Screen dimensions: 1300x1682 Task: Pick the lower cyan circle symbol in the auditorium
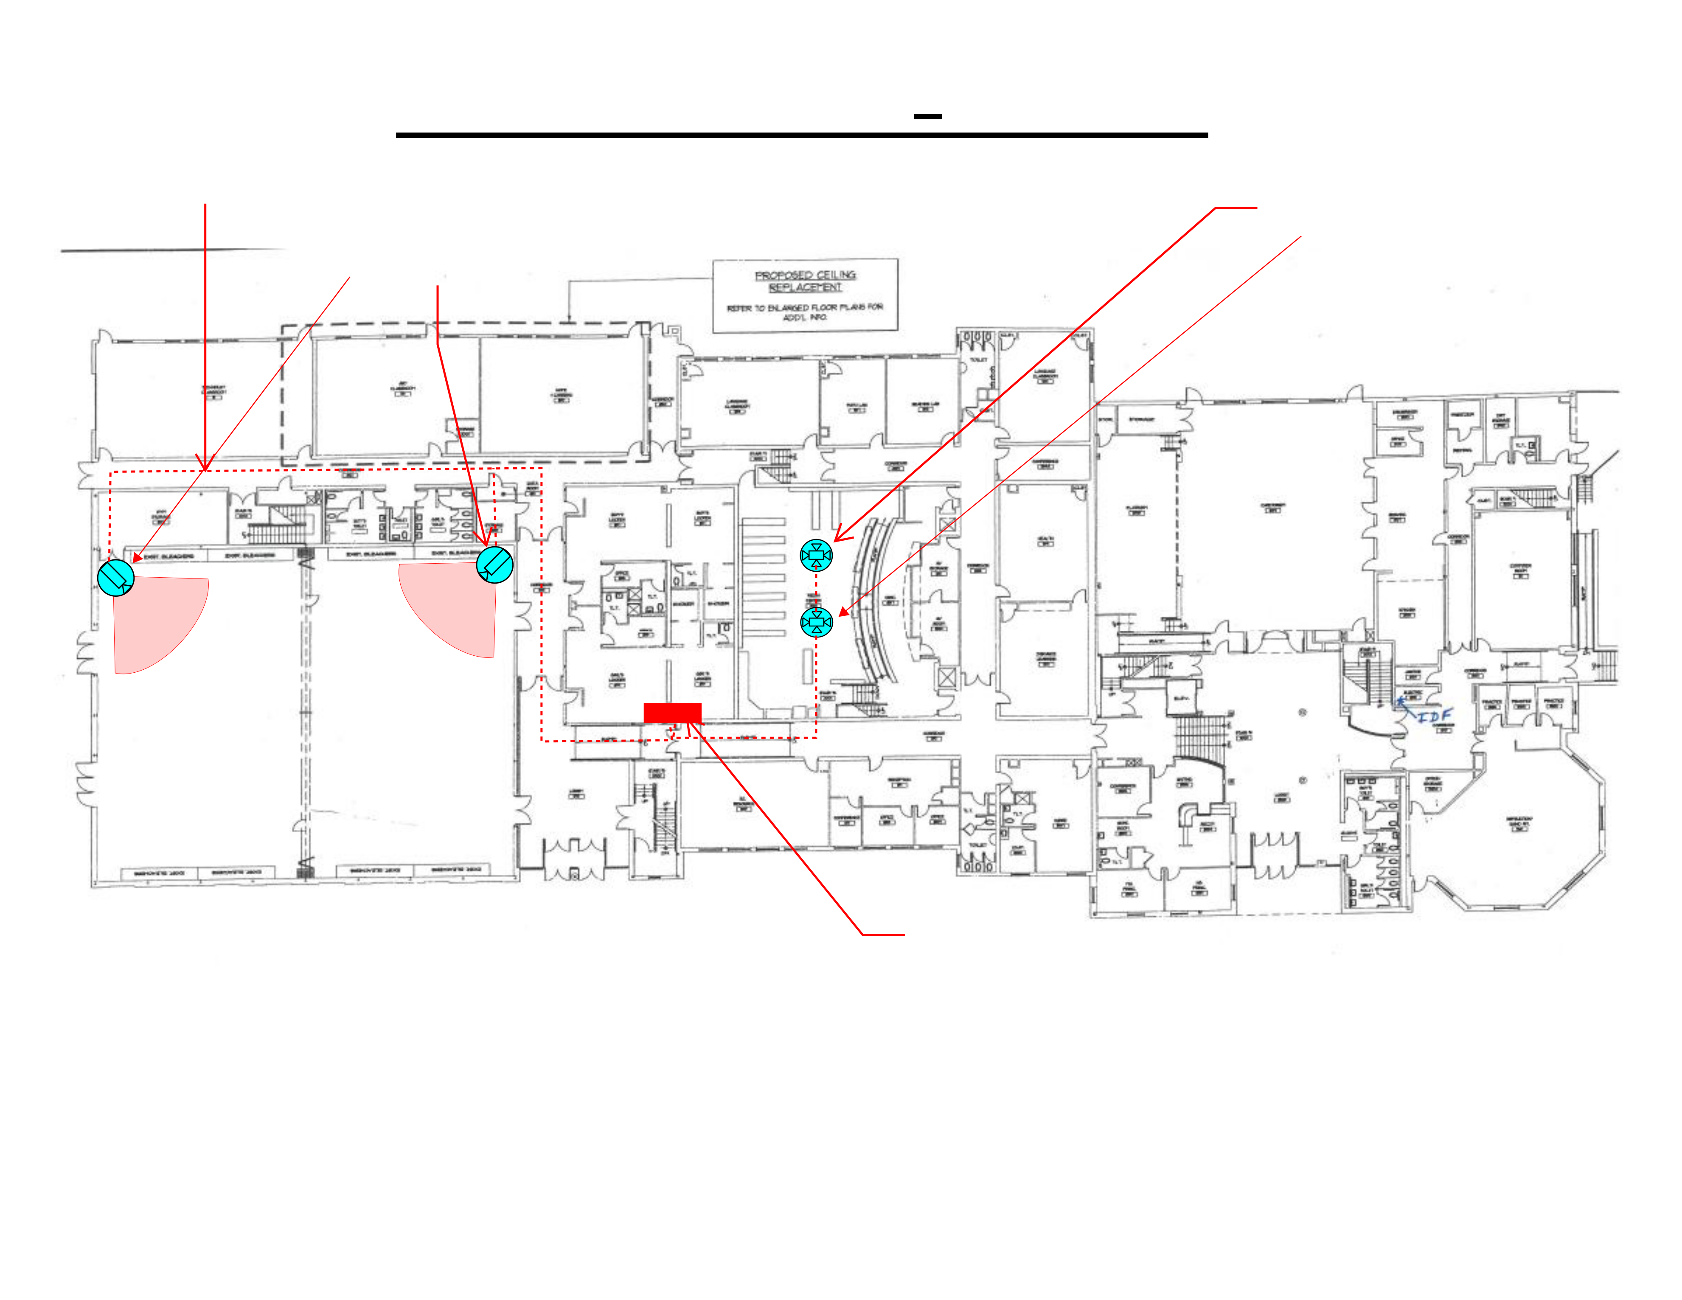click(816, 621)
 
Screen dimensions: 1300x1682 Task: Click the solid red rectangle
click(672, 713)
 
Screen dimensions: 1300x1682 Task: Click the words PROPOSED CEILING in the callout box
click(805, 275)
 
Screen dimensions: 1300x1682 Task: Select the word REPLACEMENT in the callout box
click(805, 287)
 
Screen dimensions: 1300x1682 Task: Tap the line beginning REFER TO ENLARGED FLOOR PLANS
click(805, 307)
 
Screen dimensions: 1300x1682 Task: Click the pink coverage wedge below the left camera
click(154, 624)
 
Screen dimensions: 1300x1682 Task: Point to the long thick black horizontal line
click(801, 135)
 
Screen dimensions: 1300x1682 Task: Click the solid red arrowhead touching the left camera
click(137, 558)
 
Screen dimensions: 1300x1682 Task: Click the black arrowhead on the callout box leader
click(568, 317)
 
